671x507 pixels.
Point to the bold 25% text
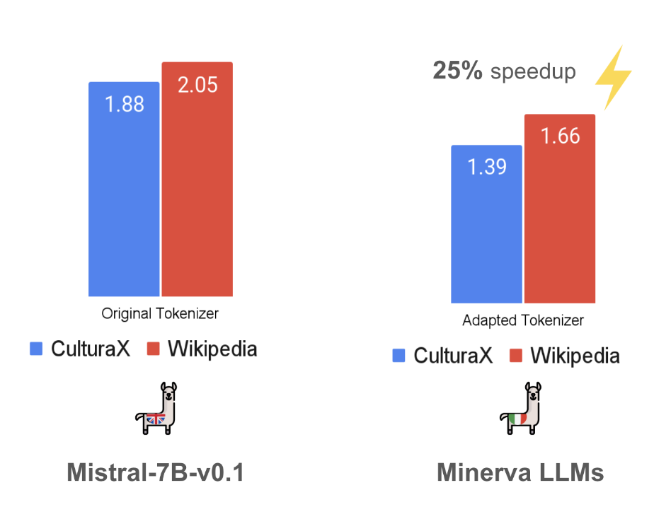point(457,71)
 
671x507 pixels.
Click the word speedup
point(533,72)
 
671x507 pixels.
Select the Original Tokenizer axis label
point(160,313)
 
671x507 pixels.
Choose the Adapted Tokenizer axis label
point(523,320)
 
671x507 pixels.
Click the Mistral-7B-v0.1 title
point(155,472)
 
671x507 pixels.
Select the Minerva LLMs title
point(520,472)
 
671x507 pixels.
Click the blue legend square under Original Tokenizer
point(36,349)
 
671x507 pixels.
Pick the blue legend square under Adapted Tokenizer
point(398,355)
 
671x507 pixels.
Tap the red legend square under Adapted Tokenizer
point(516,355)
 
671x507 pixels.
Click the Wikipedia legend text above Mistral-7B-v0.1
point(212,349)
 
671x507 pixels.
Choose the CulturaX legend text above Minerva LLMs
point(453,355)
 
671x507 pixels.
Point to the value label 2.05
point(197,85)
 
